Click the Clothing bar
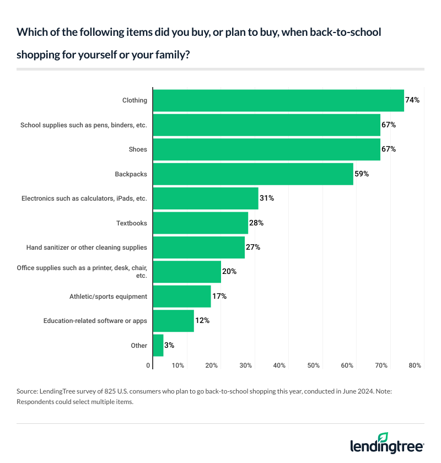pyautogui.click(x=278, y=100)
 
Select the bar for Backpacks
pyautogui.click(x=253, y=174)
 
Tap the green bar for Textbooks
pyautogui.click(x=201, y=223)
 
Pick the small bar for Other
pyautogui.click(x=158, y=345)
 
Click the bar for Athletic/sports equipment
pyautogui.click(x=182, y=296)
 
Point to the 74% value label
pyautogui.click(x=413, y=100)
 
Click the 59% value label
pyautogui.click(x=362, y=174)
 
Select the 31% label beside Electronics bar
pyautogui.click(x=267, y=198)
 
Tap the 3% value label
pyautogui.click(x=169, y=345)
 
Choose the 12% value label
pyautogui.click(x=202, y=320)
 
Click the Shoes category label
pyautogui.click(x=138, y=149)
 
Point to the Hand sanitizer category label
pyautogui.click(x=87, y=247)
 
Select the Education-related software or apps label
pyautogui.click(x=95, y=320)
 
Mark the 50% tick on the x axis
pyautogui.click(x=314, y=365)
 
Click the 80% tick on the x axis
pyautogui.click(x=415, y=365)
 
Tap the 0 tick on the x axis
pyautogui.click(x=148, y=365)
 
